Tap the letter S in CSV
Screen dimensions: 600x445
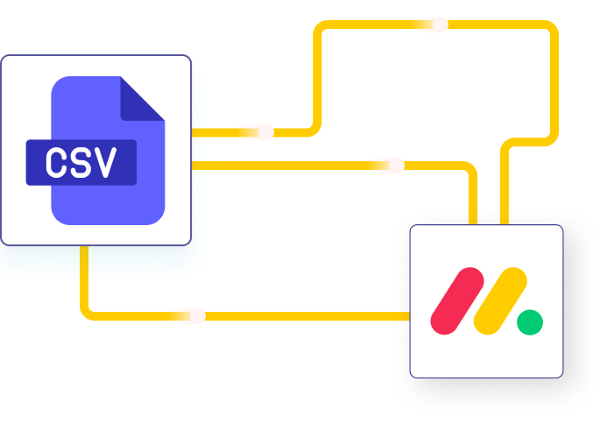pyautogui.click(x=81, y=163)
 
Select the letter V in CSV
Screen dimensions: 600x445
pyautogui.click(x=105, y=163)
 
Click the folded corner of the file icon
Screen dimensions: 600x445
pyautogui.click(x=143, y=99)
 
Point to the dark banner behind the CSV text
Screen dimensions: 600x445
pyautogui.click(x=81, y=163)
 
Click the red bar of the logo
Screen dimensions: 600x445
pyautogui.click(x=457, y=300)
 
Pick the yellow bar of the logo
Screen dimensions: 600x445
pyautogui.click(x=500, y=300)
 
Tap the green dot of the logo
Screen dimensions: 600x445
pyautogui.click(x=530, y=322)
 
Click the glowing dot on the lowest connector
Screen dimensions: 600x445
pyautogui.click(x=197, y=316)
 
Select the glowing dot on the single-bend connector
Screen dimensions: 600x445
pyautogui.click(x=397, y=166)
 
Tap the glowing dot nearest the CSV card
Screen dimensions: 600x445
pyautogui.click(x=265, y=132)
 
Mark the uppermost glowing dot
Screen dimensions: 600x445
pyautogui.click(x=440, y=25)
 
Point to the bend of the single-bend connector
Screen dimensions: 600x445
pyautogui.click(x=470, y=169)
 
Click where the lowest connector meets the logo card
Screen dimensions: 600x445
pyautogui.click(x=409, y=316)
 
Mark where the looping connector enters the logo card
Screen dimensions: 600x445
pyautogui.click(x=505, y=224)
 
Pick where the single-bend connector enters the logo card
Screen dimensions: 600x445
pyautogui.click(x=473, y=224)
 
